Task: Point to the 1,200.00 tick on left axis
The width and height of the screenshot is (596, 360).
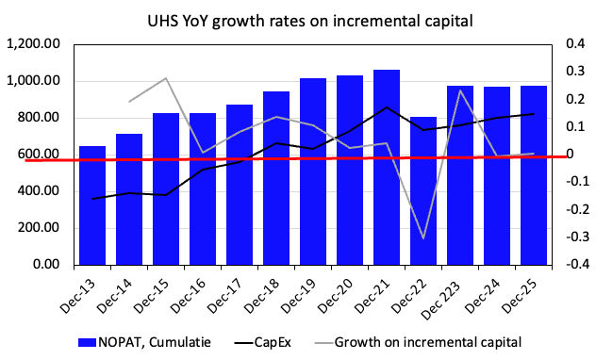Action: [34, 44]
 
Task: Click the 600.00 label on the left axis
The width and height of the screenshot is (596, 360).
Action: [40, 155]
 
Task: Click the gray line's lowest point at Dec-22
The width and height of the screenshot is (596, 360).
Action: [423, 238]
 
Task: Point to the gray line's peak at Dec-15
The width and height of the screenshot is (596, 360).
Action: [166, 78]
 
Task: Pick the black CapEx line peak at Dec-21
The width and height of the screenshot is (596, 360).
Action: [387, 107]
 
